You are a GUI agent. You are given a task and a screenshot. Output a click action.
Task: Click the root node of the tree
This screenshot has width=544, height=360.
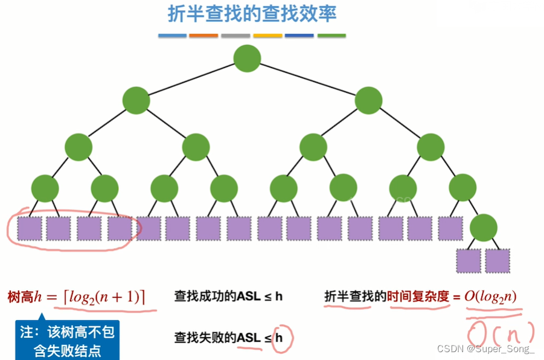pyautogui.click(x=247, y=59)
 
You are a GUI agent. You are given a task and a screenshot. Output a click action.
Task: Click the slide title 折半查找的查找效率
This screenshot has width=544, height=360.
pyautogui.click(x=252, y=14)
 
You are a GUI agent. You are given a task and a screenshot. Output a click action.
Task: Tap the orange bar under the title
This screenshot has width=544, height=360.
pyautogui.click(x=203, y=36)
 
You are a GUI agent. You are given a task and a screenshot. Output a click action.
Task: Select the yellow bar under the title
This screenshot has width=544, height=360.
pyautogui.click(x=267, y=36)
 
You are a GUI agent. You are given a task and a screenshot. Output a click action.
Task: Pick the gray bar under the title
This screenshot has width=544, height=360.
pyautogui.click(x=235, y=36)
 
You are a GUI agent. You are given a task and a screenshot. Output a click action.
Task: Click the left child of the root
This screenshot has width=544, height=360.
pyautogui.click(x=136, y=100)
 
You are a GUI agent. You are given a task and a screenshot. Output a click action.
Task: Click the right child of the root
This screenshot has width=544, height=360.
pyautogui.click(x=368, y=100)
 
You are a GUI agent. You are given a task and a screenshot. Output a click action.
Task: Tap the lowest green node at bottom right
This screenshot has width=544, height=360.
pyautogui.click(x=483, y=228)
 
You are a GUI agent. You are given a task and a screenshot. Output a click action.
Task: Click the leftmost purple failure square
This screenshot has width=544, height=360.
pyautogui.click(x=29, y=229)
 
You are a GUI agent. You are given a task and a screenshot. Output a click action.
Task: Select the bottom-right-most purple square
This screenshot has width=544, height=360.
pyautogui.click(x=498, y=260)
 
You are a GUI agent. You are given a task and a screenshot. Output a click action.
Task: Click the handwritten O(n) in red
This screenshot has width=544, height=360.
pyautogui.click(x=501, y=332)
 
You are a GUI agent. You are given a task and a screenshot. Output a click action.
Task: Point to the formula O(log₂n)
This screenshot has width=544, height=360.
pyautogui.click(x=490, y=297)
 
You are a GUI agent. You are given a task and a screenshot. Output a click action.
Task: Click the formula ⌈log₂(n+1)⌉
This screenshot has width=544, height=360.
pyautogui.click(x=104, y=297)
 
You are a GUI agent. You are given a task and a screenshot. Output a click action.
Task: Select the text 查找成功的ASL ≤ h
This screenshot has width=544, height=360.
pyautogui.click(x=228, y=297)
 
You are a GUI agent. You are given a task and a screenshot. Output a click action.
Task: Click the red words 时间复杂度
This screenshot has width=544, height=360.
pyautogui.click(x=418, y=297)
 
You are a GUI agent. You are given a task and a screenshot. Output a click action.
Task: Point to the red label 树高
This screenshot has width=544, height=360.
pyautogui.click(x=19, y=297)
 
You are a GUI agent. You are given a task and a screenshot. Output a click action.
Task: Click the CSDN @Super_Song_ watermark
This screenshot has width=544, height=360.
pyautogui.click(x=485, y=349)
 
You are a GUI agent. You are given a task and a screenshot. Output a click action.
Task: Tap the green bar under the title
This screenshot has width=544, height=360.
pyautogui.click(x=331, y=36)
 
